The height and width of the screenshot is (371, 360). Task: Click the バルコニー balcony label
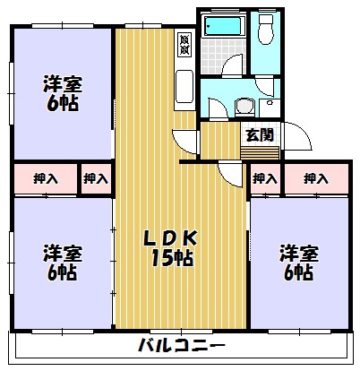tap(182, 346)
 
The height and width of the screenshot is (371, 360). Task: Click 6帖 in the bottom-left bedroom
tap(62, 273)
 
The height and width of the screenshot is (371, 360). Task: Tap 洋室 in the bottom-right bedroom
tap(296, 252)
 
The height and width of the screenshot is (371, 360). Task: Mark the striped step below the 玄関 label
tap(261, 152)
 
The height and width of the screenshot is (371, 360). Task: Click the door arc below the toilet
tap(267, 85)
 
